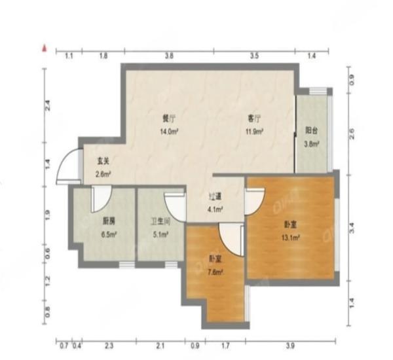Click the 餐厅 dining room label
(170, 118)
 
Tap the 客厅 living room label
(254, 118)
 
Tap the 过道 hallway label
(215, 197)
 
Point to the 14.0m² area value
(170, 131)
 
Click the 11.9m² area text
(254, 131)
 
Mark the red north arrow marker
(45, 48)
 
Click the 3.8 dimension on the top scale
(168, 56)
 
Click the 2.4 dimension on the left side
(47, 104)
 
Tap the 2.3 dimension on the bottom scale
(109, 345)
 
